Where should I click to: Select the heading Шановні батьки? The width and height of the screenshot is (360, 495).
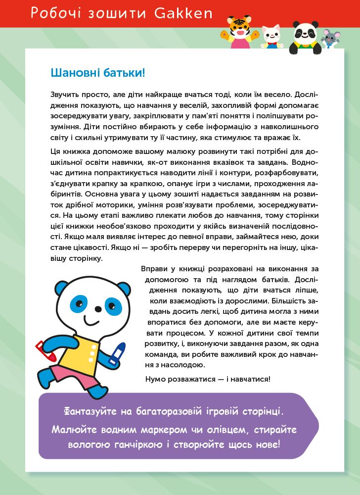pos(98,73)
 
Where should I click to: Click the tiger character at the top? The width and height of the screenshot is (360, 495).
pos(239,31)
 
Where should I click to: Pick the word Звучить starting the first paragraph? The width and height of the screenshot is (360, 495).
pos(64,94)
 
